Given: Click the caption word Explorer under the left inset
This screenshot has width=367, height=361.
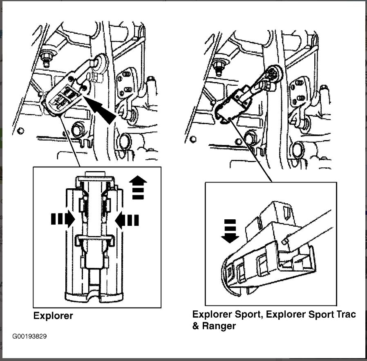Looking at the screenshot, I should pyautogui.click(x=53, y=316).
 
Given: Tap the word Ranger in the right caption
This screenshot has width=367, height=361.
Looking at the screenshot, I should pyautogui.click(x=220, y=326).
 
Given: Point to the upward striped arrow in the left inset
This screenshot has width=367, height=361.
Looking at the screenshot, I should pyautogui.click(x=138, y=187).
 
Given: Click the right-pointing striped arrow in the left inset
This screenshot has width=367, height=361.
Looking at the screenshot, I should pyautogui.click(x=63, y=219).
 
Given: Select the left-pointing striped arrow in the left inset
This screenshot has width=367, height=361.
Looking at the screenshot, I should pyautogui.click(x=127, y=220).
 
